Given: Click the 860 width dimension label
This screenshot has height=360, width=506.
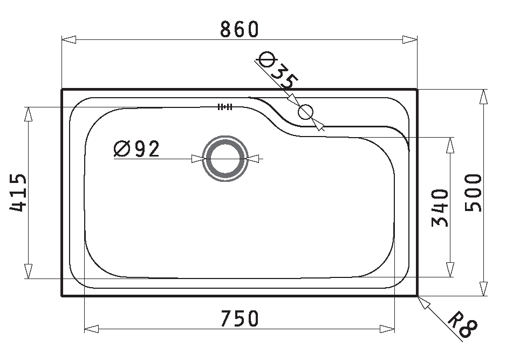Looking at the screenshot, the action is pyautogui.click(x=240, y=29).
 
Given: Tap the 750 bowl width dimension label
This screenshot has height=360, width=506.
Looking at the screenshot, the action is pyautogui.click(x=240, y=318).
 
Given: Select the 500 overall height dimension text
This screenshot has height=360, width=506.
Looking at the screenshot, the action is pyautogui.click(x=473, y=193).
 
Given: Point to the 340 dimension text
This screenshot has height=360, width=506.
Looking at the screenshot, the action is pyautogui.click(x=440, y=208).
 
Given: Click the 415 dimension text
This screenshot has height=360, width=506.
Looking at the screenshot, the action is pyautogui.click(x=18, y=193).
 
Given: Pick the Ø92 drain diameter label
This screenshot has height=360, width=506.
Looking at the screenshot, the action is pyautogui.click(x=137, y=149).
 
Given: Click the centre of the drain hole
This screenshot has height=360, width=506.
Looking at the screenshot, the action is pyautogui.click(x=225, y=159).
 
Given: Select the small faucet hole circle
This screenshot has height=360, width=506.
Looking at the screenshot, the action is pyautogui.click(x=306, y=112).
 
